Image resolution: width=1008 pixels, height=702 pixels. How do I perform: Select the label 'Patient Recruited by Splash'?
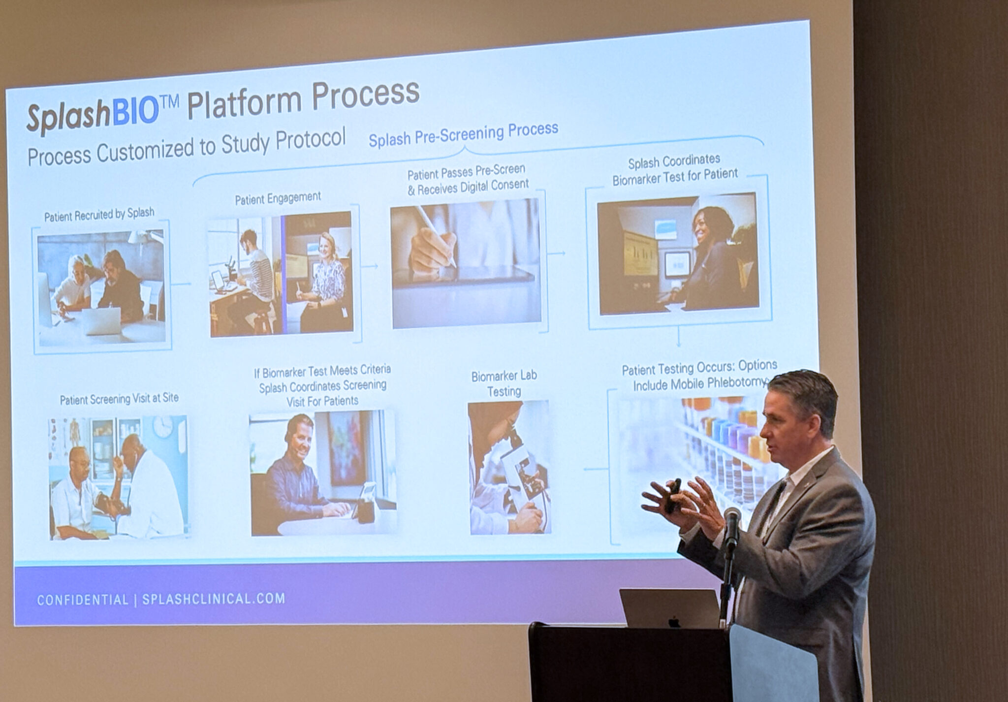(99, 215)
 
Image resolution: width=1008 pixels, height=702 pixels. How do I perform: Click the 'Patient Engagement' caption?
(278, 198)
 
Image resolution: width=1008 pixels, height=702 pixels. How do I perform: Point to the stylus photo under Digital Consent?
(466, 263)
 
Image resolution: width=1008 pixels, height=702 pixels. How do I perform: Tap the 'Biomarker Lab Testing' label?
(504, 383)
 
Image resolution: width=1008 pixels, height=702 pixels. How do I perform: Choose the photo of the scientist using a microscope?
(509, 467)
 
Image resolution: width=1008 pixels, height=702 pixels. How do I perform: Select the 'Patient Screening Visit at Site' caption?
(119, 399)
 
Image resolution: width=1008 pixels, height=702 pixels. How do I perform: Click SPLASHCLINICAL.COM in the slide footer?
(214, 599)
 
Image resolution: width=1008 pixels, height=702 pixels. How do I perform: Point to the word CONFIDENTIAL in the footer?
(83, 600)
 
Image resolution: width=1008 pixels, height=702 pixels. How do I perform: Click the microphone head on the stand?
(732, 521)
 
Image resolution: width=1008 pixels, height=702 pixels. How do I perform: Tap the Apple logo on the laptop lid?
(674, 622)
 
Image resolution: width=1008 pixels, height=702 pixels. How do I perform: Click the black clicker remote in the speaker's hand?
(674, 495)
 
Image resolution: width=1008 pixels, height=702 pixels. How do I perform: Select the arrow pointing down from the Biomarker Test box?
(679, 338)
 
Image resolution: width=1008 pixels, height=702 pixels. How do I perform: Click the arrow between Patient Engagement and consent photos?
(370, 266)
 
